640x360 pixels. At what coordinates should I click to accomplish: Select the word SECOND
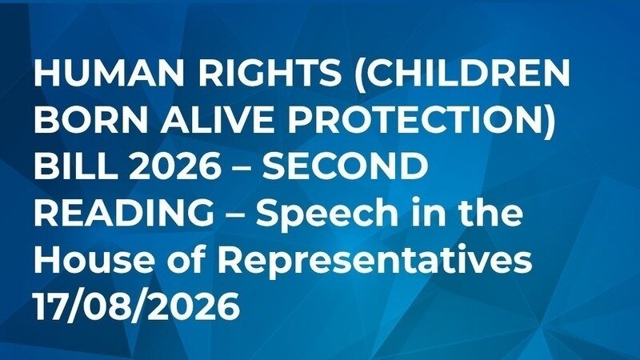coord(345,166)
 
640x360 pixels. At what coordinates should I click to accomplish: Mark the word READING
coord(124,212)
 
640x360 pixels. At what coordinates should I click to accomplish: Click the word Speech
coord(327,214)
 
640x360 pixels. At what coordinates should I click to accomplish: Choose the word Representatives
coord(375,261)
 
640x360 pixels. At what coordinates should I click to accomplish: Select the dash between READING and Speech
coord(234,214)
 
